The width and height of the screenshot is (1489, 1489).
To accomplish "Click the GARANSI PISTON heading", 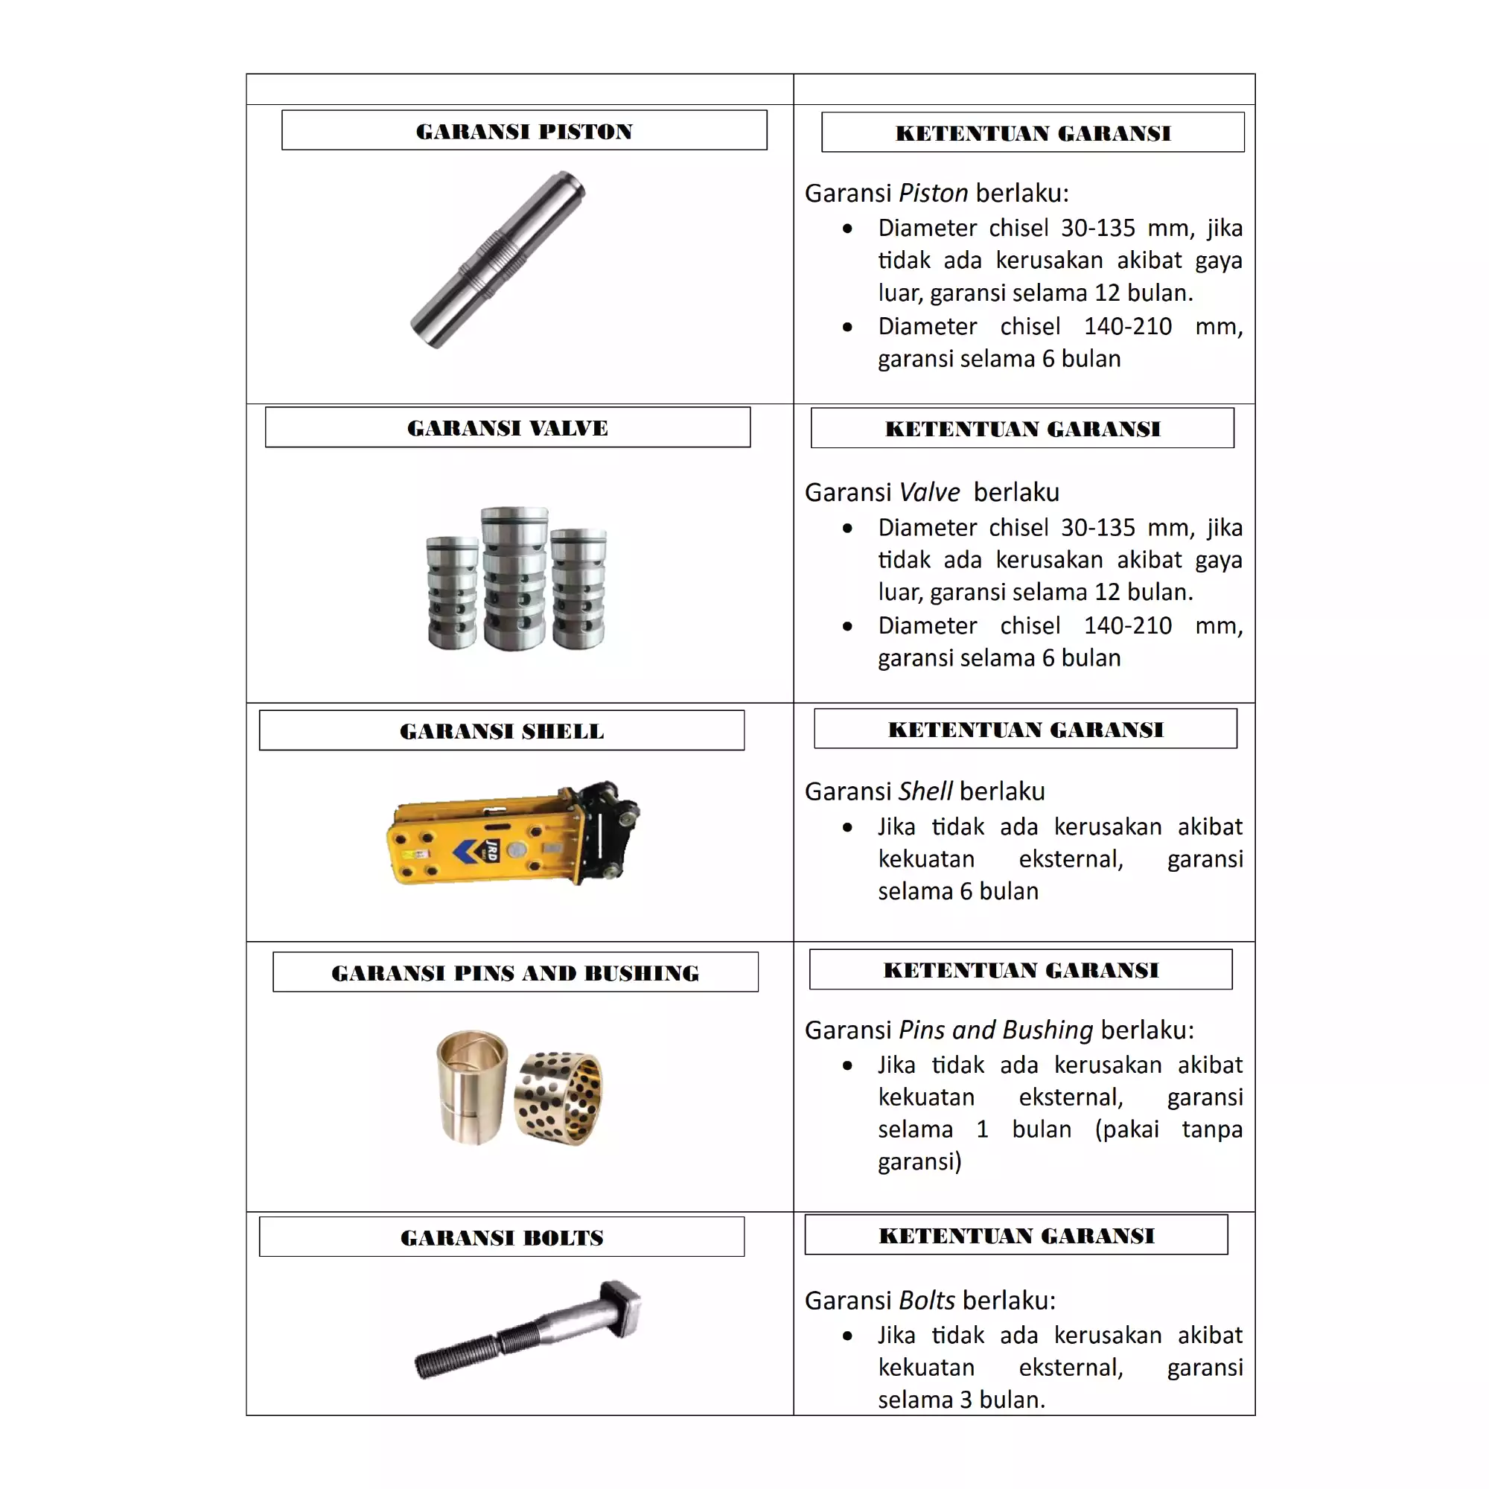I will (x=524, y=131).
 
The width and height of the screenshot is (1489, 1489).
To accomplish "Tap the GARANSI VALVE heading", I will (x=507, y=428).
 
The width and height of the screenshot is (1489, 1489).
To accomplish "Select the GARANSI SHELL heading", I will (x=502, y=730).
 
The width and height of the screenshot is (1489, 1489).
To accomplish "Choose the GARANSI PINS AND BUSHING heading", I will (x=515, y=972).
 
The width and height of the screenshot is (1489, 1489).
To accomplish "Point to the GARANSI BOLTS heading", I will (x=502, y=1237).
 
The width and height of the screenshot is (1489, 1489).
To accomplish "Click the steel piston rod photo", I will (x=498, y=259).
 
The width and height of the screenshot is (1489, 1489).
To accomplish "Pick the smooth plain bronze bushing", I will (x=472, y=1087).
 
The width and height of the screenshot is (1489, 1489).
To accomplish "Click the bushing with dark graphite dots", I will (x=559, y=1098).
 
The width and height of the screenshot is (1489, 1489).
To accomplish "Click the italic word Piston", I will (x=934, y=193).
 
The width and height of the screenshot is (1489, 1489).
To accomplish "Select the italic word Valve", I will (x=929, y=491).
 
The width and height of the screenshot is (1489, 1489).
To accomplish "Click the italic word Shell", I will (x=925, y=791).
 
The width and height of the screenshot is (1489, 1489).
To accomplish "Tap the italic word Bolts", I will (x=927, y=1300).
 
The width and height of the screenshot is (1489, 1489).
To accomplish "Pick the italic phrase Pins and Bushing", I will (x=995, y=1030).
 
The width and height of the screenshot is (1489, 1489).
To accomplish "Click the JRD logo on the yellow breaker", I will (x=491, y=850).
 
